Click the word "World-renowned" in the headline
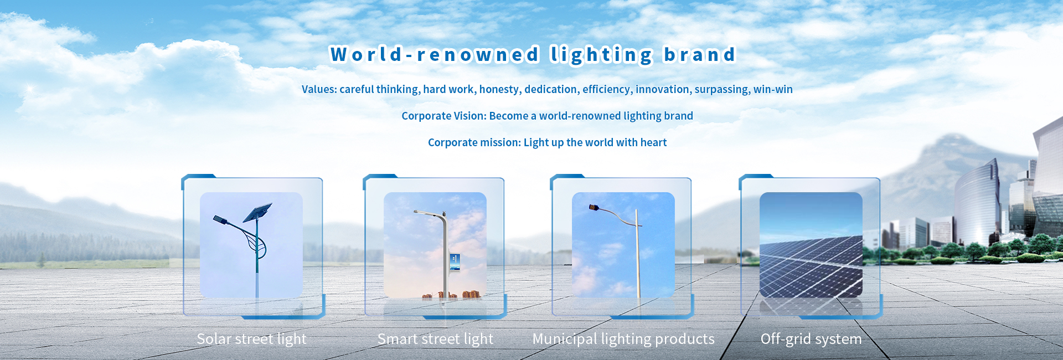tap(435, 54)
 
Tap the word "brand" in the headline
tap(700, 54)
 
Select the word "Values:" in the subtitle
tap(319, 89)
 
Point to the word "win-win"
tap(773, 89)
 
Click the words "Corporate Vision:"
tap(443, 116)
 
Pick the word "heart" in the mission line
tap(653, 142)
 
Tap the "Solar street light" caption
tap(251, 339)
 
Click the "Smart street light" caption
tap(435, 339)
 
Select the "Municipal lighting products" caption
tap(623, 339)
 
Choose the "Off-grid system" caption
tap(811, 339)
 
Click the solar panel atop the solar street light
tap(257, 213)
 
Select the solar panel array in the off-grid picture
tap(811, 265)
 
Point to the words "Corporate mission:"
tap(474, 142)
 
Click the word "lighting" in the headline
tap(602, 55)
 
